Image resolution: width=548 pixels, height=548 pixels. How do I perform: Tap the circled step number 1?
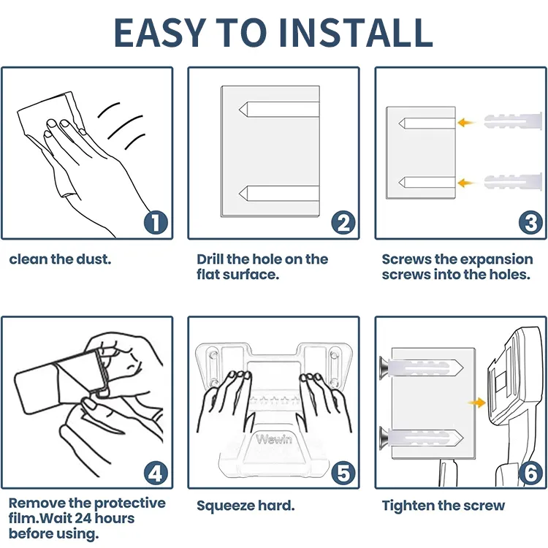tap(155, 222)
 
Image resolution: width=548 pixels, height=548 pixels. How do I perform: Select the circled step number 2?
tap(342, 222)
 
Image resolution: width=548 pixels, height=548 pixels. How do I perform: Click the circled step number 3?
tap(530, 222)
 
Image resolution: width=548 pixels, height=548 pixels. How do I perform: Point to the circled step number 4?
tap(155, 473)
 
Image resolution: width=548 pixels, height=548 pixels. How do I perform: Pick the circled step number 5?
tap(342, 473)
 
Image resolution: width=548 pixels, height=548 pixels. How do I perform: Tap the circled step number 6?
tap(530, 473)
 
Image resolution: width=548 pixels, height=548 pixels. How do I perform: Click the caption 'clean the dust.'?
tap(60, 259)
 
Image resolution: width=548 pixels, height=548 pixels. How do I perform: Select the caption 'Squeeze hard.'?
tap(246, 506)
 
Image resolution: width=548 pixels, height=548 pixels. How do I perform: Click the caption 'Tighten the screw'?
tap(444, 506)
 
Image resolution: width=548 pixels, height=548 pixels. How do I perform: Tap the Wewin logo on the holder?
tap(273, 440)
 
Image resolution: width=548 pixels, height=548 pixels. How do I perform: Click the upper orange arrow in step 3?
tap(466, 123)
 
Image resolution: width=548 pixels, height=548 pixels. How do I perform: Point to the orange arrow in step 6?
tap(476, 402)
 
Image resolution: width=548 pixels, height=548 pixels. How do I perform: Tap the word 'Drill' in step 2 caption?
tap(213, 259)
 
